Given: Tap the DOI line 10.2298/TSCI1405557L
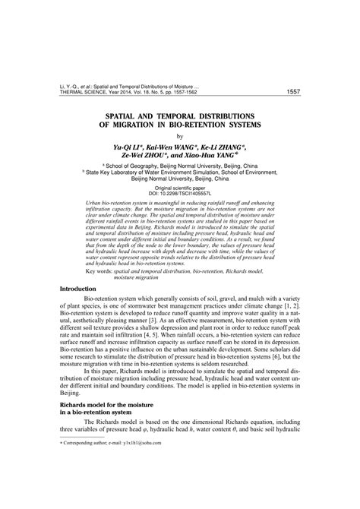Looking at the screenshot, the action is (x=180, y=192).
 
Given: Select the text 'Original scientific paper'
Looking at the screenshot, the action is (x=180, y=186).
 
